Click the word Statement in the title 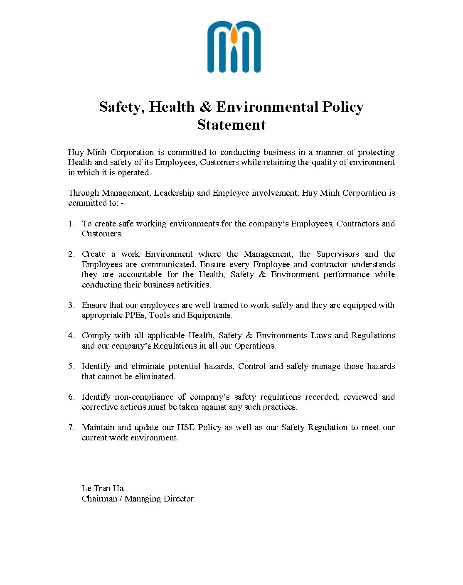(231, 125)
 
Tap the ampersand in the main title (205, 107)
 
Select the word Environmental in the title (267, 107)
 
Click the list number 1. (71, 224)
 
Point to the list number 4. (71, 336)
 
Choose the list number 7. (71, 428)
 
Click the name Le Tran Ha (103, 488)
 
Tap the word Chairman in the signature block (99, 499)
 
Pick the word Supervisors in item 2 (337, 254)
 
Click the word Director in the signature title (179, 499)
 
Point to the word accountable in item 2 (140, 275)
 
